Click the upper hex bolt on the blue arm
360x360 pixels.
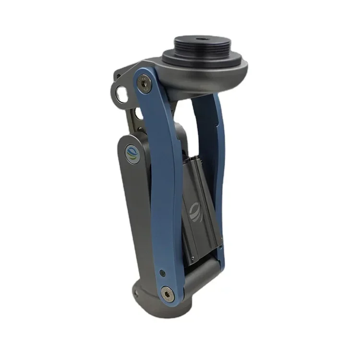pyautogui.click(x=144, y=84)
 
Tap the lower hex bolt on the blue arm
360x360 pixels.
pyautogui.click(x=167, y=293)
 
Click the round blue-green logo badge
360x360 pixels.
pyautogui.click(x=132, y=155)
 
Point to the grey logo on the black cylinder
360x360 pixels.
pyautogui.click(x=194, y=211)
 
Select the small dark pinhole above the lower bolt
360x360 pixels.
pyautogui.click(x=162, y=273)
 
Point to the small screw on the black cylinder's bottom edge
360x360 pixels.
pyautogui.click(x=192, y=259)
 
